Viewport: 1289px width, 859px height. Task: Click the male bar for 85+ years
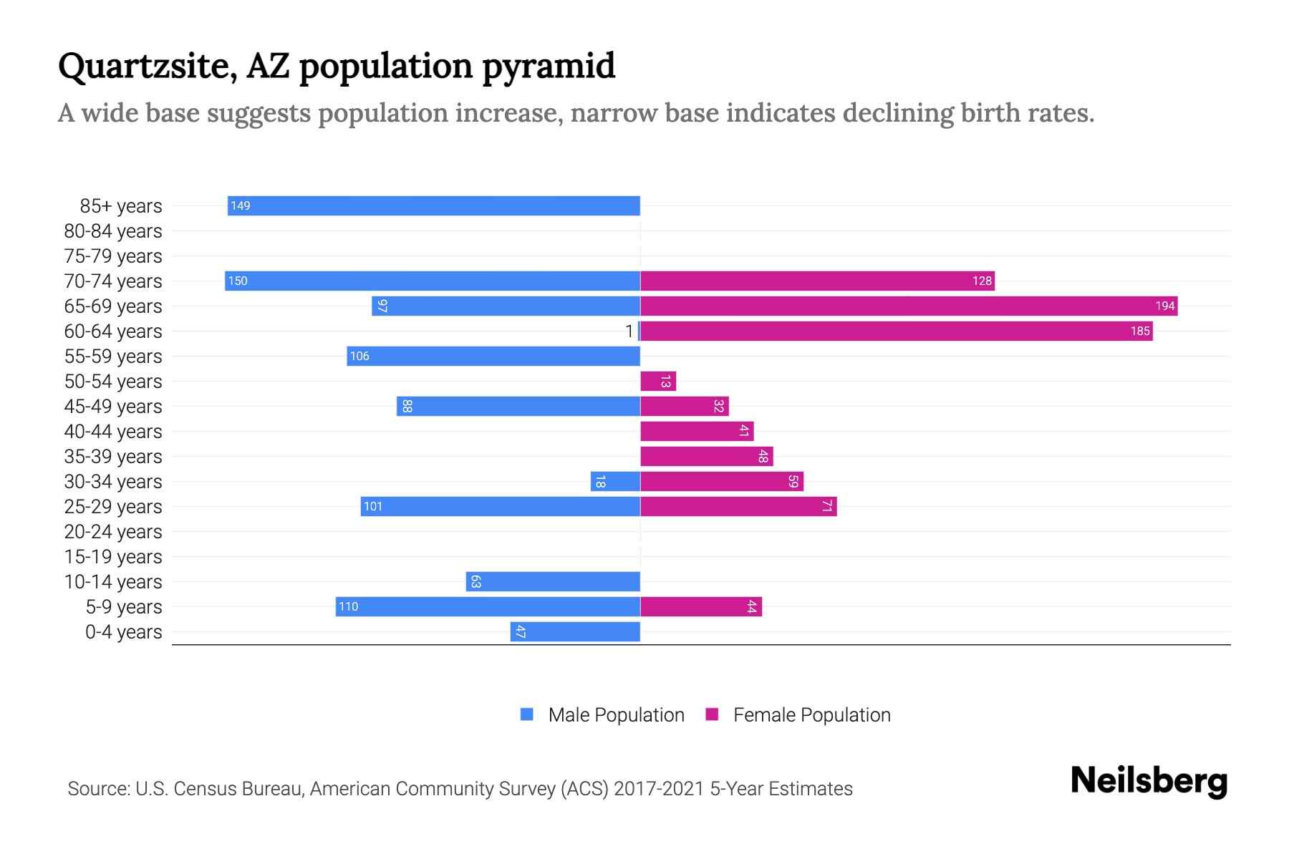tap(433, 205)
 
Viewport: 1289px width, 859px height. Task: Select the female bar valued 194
tap(908, 306)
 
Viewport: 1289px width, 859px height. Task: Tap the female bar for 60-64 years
tap(896, 331)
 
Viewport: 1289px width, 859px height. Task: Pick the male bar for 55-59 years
tap(493, 356)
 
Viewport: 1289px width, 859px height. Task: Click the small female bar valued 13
tap(657, 382)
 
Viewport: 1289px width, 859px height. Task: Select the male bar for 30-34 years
tap(615, 482)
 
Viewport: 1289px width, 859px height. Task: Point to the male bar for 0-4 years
tap(575, 632)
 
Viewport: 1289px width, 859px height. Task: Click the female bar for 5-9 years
tap(700, 607)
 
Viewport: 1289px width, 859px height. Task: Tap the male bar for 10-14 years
tap(553, 582)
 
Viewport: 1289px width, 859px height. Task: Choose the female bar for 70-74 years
tap(817, 281)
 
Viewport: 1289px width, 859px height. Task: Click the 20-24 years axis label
tap(113, 532)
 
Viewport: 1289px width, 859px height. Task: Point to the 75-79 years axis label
tap(113, 256)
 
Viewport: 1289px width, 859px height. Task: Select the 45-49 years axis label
tap(113, 407)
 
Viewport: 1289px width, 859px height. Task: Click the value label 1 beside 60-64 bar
tap(629, 331)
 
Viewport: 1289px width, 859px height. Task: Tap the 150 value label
tap(238, 281)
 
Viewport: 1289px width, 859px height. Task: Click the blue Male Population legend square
tap(527, 714)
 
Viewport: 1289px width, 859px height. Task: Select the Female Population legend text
tap(811, 714)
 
